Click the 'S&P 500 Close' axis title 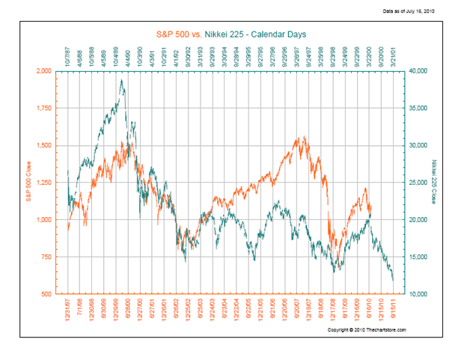[x=29, y=183]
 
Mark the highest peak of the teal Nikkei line [x=121, y=80]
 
